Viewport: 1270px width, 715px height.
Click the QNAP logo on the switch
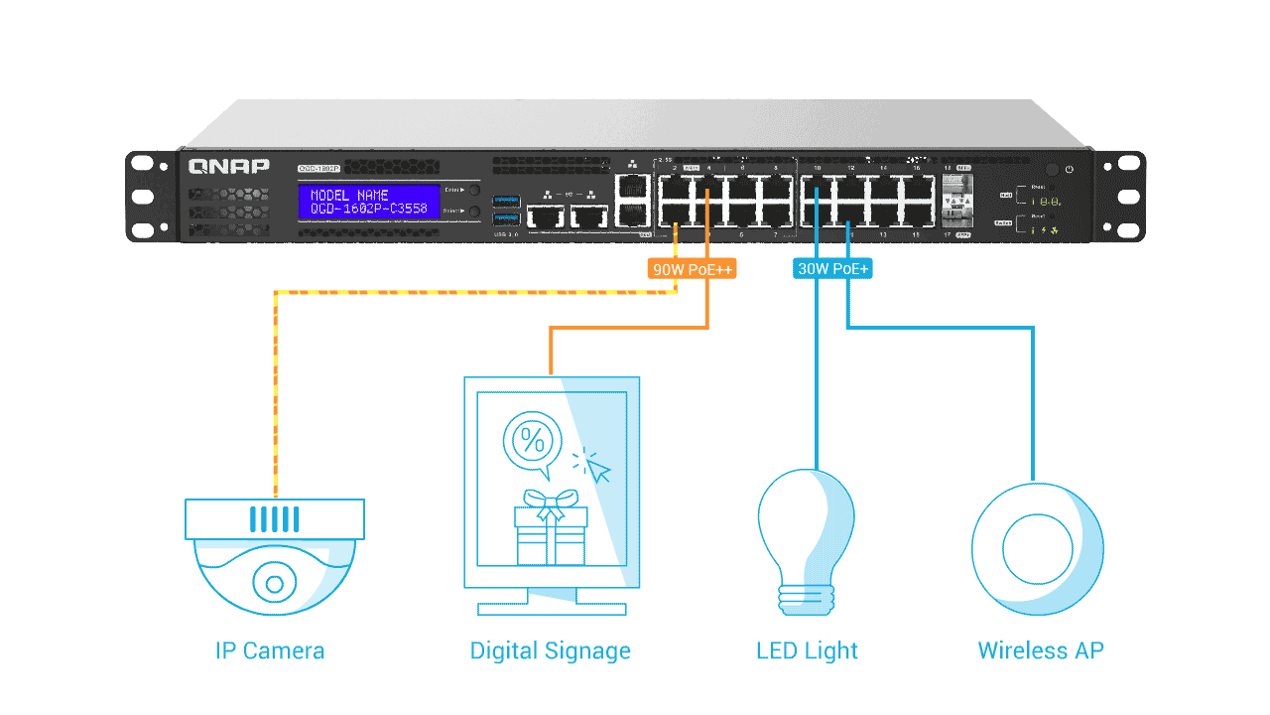point(229,166)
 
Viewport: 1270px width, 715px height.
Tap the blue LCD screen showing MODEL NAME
point(368,202)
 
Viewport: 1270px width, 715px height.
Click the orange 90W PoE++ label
point(692,269)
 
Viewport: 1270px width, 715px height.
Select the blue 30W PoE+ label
point(833,269)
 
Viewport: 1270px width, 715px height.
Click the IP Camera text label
point(270,651)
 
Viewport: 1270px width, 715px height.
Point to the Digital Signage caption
point(550,651)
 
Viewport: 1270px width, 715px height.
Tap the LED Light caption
point(807,651)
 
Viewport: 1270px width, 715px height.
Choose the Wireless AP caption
point(1040,651)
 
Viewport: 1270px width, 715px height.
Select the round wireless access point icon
point(1037,549)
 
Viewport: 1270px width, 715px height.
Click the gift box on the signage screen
point(551,531)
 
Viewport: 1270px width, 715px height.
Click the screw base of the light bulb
point(806,597)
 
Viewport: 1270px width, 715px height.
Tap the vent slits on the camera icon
point(274,519)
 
